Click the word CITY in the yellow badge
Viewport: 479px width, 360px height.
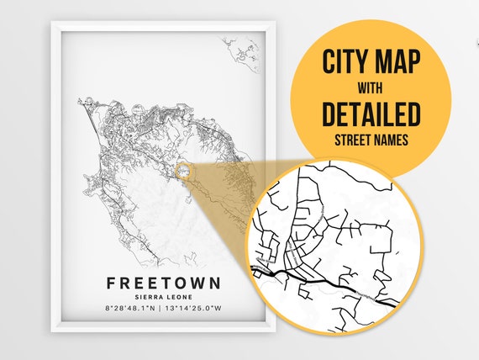[346, 61]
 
